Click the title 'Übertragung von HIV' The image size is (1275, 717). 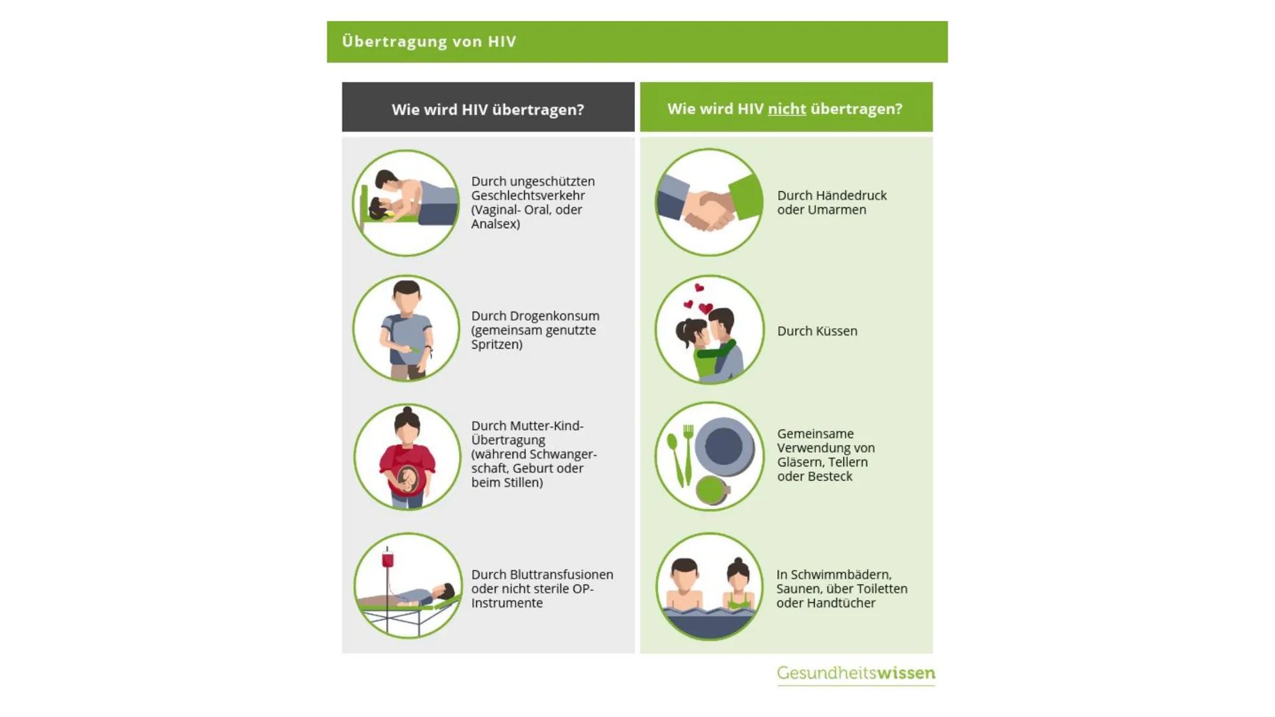[429, 41]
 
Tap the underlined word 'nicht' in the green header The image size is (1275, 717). [787, 109]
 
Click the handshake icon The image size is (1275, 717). [709, 202]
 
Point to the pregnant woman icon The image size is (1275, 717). [407, 457]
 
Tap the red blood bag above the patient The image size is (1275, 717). [387, 560]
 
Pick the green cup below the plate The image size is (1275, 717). [712, 491]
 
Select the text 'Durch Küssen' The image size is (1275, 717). [817, 331]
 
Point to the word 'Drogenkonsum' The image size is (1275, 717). [554, 316]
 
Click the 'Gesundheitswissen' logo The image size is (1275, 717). [856, 673]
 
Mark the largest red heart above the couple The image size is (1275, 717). [706, 309]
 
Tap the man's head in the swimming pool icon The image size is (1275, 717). [684, 575]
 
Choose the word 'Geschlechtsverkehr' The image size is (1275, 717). [528, 195]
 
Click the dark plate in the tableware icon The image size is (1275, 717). [724, 446]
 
